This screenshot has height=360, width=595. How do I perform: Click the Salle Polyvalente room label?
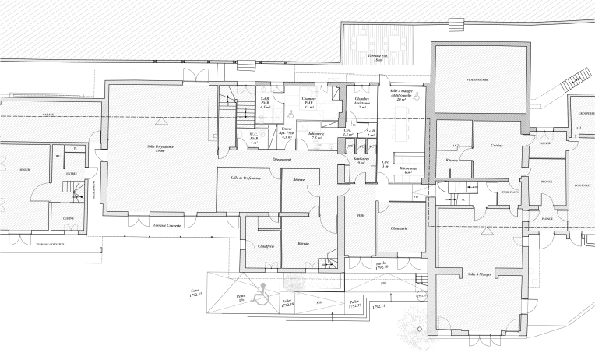pyautogui.click(x=160, y=148)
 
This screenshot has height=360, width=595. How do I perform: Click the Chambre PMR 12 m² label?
pyautogui.click(x=308, y=102)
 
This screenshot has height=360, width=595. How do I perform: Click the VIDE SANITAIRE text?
pyautogui.click(x=476, y=79)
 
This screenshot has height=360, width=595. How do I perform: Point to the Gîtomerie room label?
pyautogui.click(x=401, y=228)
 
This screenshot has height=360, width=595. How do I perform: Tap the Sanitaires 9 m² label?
pyautogui.click(x=361, y=160)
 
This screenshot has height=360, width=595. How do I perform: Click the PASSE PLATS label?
pyautogui.click(x=510, y=191)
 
